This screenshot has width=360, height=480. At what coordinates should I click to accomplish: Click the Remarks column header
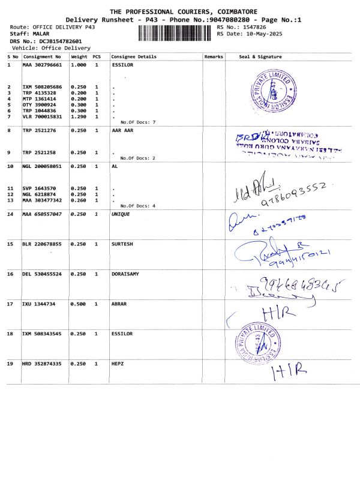click(x=214, y=57)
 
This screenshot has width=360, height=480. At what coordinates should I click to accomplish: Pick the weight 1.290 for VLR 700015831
click(x=79, y=116)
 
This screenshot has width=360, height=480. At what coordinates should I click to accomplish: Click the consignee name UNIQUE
click(x=122, y=214)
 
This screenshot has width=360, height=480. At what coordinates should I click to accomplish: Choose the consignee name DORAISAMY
click(x=125, y=274)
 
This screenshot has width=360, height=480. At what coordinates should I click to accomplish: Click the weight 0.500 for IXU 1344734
click(x=79, y=304)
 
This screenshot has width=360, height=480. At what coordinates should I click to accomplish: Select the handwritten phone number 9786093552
click(x=293, y=194)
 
